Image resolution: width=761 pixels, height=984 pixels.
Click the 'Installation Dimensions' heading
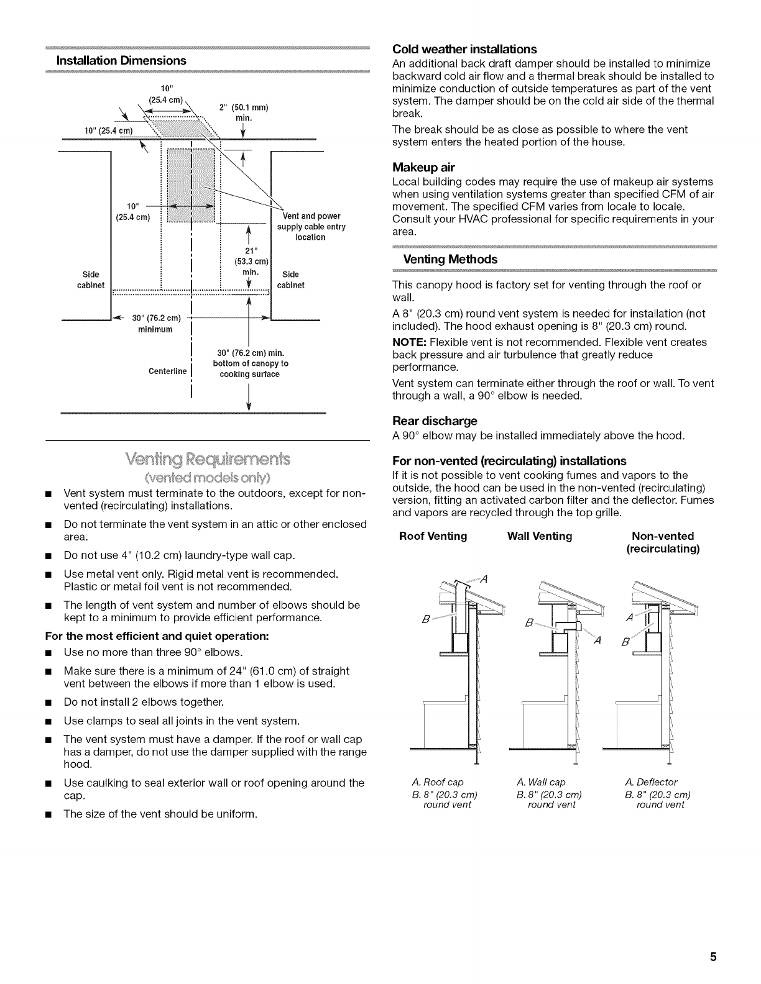(121, 60)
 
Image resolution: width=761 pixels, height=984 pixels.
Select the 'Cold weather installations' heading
(464, 49)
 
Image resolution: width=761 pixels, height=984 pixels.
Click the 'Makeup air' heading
(423, 167)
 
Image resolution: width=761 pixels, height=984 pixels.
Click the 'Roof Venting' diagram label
(433, 536)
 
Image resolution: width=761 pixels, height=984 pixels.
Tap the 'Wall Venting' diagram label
(540, 536)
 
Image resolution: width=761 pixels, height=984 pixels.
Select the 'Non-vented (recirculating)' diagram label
(662, 542)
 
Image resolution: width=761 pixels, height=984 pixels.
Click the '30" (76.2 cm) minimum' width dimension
(155, 324)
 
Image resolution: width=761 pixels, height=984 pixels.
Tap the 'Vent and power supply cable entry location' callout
(310, 227)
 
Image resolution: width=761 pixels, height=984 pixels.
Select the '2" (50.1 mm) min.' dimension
(243, 112)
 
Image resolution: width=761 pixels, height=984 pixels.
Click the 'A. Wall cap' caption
(541, 782)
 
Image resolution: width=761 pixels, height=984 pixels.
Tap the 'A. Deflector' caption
(651, 782)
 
